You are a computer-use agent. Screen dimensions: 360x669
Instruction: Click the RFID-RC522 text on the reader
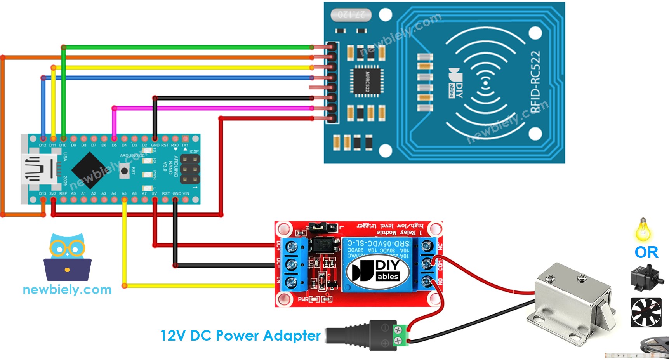coord(536,82)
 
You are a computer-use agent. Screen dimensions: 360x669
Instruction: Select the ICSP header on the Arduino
coord(189,169)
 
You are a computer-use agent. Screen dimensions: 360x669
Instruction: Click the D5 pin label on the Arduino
coord(114,145)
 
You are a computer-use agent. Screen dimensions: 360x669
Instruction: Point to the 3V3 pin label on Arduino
coord(53,193)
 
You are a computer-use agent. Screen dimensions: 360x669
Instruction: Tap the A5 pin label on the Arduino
coord(124,193)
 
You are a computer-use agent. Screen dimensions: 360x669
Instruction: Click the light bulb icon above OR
coord(643,230)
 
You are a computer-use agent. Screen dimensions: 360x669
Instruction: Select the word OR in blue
coord(646,252)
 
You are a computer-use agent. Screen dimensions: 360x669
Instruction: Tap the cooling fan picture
coord(646,313)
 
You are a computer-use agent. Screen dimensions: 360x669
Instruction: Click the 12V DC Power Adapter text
coord(240,336)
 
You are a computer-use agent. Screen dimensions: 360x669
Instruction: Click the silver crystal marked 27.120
coord(351,15)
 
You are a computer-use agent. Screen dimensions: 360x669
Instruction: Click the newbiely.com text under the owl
coord(67,290)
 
